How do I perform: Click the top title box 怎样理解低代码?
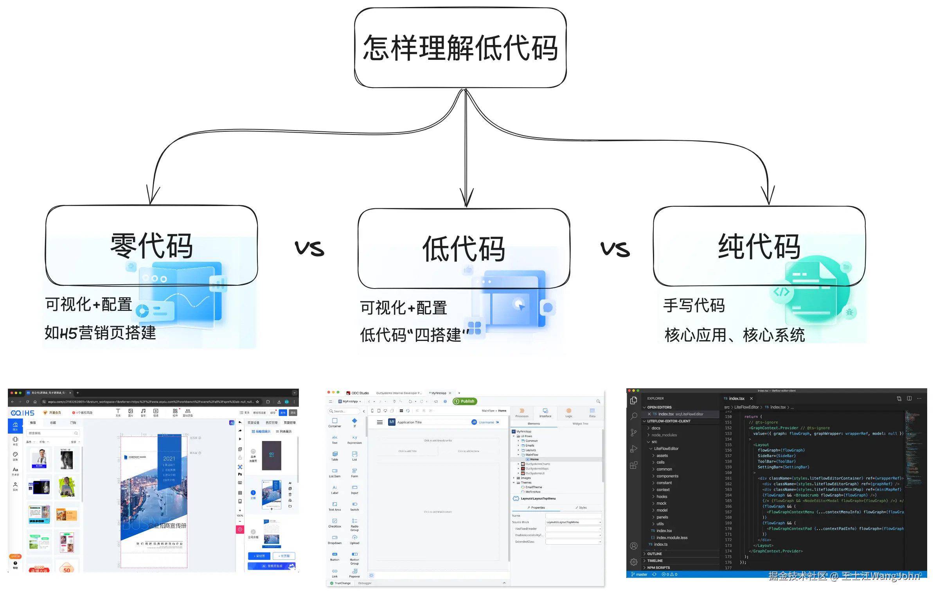point(460,48)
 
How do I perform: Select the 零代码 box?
point(151,245)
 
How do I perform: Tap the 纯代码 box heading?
point(759,246)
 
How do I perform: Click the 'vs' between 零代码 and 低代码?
point(309,248)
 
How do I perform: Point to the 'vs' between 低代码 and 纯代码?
point(615,249)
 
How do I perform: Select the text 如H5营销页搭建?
point(100,333)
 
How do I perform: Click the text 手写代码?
point(694,305)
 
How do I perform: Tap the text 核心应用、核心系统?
point(734,335)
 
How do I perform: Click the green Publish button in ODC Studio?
point(465,401)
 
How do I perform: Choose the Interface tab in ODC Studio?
point(545,413)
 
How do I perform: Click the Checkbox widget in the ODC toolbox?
point(334,523)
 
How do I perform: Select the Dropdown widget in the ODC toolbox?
point(334,540)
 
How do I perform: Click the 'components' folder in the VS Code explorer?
point(667,476)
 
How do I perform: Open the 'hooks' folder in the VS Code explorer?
point(662,497)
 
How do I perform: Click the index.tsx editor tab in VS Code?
point(736,398)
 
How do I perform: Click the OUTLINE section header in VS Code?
point(654,554)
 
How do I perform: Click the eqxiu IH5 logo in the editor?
point(23,413)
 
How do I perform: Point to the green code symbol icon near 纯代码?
point(781,292)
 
